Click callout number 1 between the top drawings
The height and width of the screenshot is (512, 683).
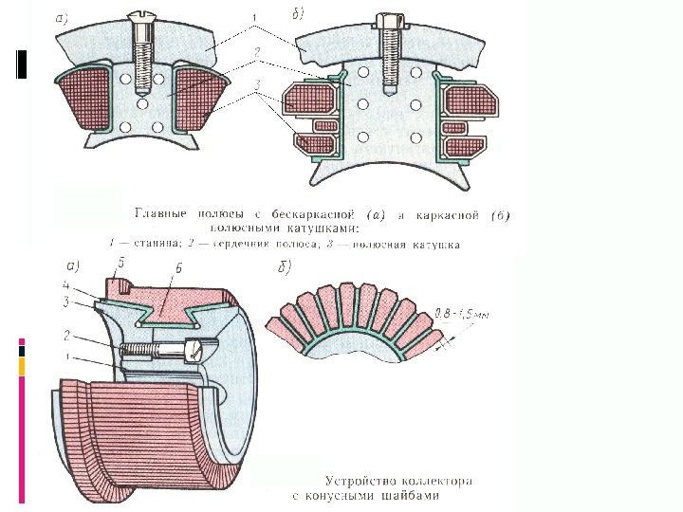(x=253, y=17)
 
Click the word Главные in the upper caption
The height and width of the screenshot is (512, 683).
(x=165, y=214)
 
